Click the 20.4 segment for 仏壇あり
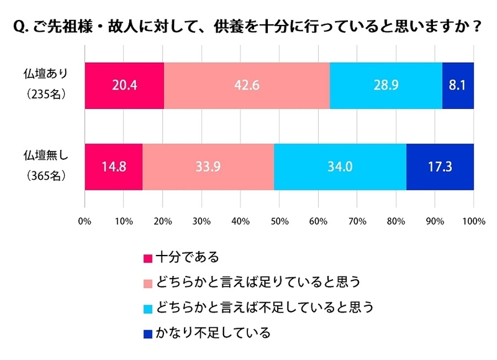pos(124,86)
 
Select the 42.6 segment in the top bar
pos(247,86)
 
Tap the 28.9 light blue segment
pos(386,86)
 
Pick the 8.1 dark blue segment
pos(458,86)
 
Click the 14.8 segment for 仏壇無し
pos(114,167)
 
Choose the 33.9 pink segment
pos(208,167)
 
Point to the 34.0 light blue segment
pos(340,167)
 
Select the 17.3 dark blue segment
pos(440,167)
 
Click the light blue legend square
pos(148,308)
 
